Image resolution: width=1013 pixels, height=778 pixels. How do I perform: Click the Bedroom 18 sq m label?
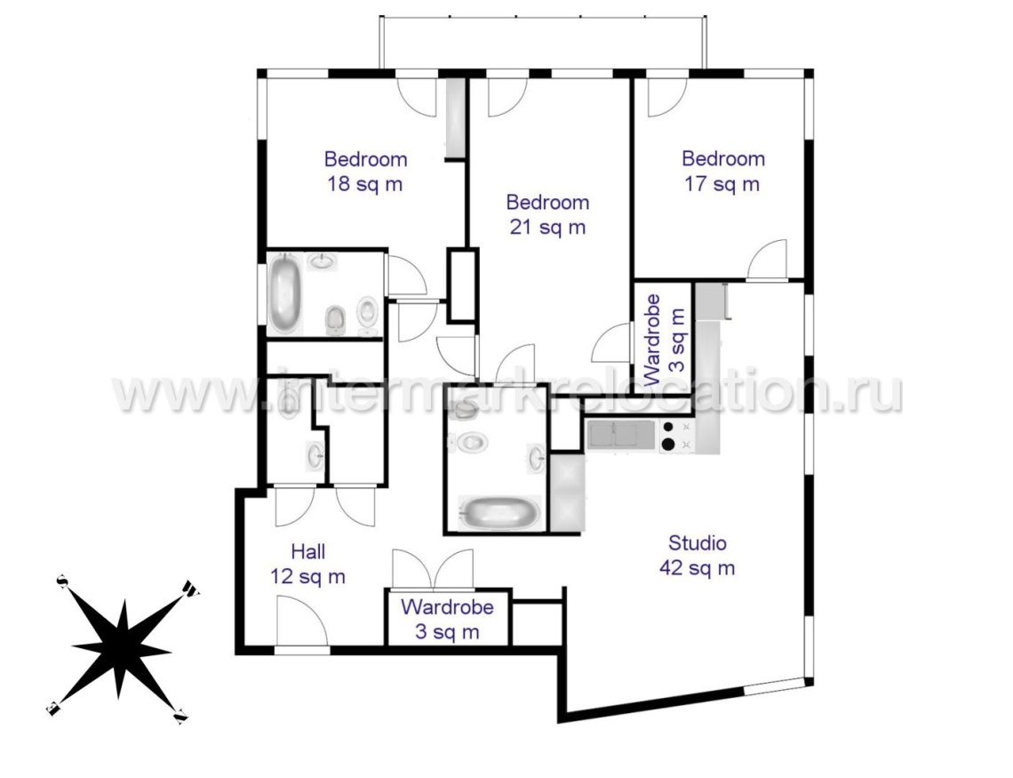[x=366, y=172]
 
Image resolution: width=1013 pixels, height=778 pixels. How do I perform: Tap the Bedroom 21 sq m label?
[x=548, y=214]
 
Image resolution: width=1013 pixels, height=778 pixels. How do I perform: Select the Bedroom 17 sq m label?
[x=723, y=172]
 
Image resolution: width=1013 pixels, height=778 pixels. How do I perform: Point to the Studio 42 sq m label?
[x=697, y=555]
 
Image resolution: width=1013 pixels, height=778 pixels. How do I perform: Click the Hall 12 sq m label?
[x=308, y=564]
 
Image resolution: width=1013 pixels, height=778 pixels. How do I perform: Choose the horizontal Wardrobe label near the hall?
[x=447, y=607]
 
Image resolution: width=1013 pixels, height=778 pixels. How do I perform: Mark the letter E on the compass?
[x=53, y=709]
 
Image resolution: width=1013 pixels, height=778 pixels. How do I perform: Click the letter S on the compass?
[x=63, y=581]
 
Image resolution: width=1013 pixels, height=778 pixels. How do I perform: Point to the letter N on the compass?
[x=181, y=716]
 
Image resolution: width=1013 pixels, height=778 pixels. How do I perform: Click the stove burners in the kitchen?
[x=675, y=436]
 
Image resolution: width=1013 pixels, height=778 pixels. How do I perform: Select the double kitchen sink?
[x=620, y=434]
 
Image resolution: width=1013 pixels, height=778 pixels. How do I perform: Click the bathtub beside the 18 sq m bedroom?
[x=285, y=294]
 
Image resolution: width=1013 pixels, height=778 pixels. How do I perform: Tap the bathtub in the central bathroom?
[x=499, y=513]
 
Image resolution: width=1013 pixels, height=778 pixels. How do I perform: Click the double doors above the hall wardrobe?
[x=433, y=569]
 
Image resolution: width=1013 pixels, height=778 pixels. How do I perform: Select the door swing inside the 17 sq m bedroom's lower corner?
[x=768, y=260]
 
